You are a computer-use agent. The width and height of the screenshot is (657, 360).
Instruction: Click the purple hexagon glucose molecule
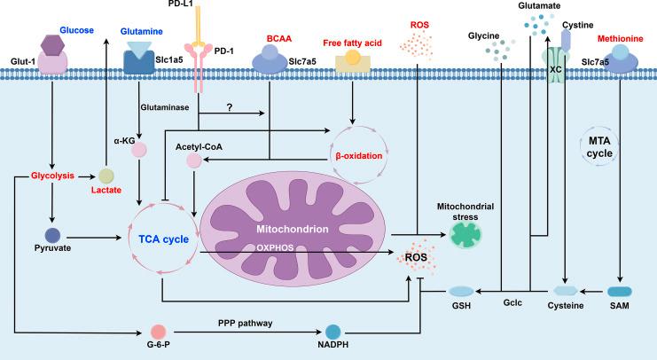pyautogui.click(x=53, y=45)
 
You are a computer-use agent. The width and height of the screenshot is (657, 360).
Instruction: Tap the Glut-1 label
pyautogui.click(x=23, y=61)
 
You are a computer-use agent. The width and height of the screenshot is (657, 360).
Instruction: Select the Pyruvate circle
pyautogui.click(x=52, y=236)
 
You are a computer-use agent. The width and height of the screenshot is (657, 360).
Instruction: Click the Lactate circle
pyautogui.click(x=106, y=176)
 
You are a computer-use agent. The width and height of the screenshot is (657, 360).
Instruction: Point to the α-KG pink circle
pyautogui.click(x=139, y=150)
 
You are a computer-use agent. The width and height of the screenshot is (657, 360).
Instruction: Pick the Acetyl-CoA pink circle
pyautogui.click(x=194, y=160)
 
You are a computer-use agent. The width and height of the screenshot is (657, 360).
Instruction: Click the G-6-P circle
pyautogui.click(x=159, y=332)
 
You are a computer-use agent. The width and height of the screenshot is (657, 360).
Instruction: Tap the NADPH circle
pyautogui.click(x=333, y=332)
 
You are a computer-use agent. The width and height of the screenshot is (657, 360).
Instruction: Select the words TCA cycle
pyautogui.click(x=164, y=239)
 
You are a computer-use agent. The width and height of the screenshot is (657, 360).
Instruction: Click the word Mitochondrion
pyautogui.click(x=293, y=229)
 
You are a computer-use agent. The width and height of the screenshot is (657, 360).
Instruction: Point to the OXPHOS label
pyautogui.click(x=275, y=247)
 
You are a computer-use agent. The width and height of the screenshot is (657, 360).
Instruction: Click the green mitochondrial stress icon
pyautogui.click(x=465, y=235)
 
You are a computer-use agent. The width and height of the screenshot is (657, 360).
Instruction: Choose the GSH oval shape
pyautogui.click(x=461, y=291)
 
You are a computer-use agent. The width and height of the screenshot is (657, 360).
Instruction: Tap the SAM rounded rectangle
pyautogui.click(x=620, y=291)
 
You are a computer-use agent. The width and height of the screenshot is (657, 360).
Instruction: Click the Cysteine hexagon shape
pyautogui.click(x=566, y=291)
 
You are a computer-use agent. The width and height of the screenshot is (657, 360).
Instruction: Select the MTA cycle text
pyautogui.click(x=599, y=147)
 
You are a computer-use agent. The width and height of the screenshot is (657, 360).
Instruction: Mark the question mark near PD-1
pyautogui.click(x=229, y=107)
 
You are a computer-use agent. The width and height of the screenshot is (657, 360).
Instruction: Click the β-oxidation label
pyautogui.click(x=359, y=156)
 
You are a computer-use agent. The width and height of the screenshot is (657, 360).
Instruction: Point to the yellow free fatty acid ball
pyautogui.click(x=352, y=58)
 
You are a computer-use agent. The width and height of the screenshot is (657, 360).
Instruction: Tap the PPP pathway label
pyautogui.click(x=245, y=323)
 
